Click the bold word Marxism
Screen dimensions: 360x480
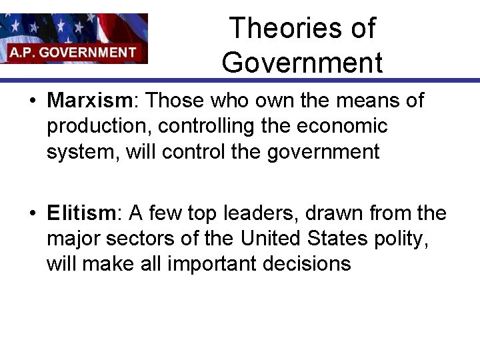pos(91,101)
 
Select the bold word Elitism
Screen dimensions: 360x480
pos(81,213)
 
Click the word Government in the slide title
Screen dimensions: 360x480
pos(302,63)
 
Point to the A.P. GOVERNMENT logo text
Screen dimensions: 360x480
pos(73,52)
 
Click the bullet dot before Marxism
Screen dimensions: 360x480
pos(32,101)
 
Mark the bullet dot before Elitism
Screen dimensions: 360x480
pos(32,214)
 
